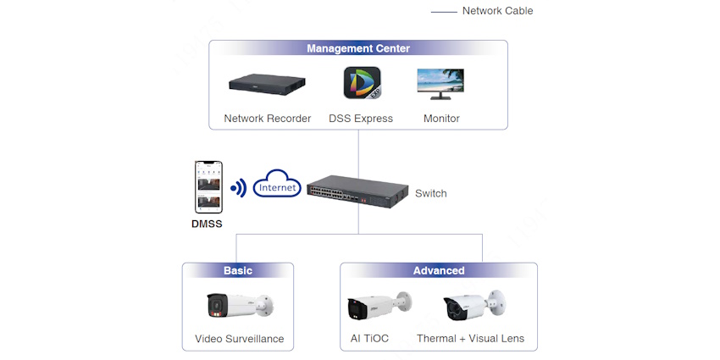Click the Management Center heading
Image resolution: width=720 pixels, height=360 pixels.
(x=358, y=49)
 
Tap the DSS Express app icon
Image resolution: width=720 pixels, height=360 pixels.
(x=362, y=85)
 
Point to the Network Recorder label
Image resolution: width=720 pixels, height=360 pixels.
(x=267, y=119)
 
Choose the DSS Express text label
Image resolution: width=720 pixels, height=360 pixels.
(x=361, y=119)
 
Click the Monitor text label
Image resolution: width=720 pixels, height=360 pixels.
(x=441, y=119)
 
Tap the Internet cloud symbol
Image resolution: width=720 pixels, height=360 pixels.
(x=277, y=186)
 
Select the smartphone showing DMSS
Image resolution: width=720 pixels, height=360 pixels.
(x=208, y=186)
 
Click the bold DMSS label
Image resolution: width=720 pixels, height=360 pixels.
(x=208, y=225)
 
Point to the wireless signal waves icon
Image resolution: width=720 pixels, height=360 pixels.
(x=238, y=187)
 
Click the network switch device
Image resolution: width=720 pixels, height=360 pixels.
(x=354, y=191)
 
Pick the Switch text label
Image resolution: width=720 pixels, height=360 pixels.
(x=431, y=193)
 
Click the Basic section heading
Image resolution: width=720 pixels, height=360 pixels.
(x=238, y=270)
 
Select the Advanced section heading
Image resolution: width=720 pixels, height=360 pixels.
(x=439, y=270)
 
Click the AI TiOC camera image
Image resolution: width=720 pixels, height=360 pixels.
(x=378, y=307)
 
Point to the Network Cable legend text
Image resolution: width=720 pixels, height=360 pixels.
(x=497, y=11)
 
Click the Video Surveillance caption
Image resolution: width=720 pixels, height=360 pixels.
(x=239, y=339)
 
